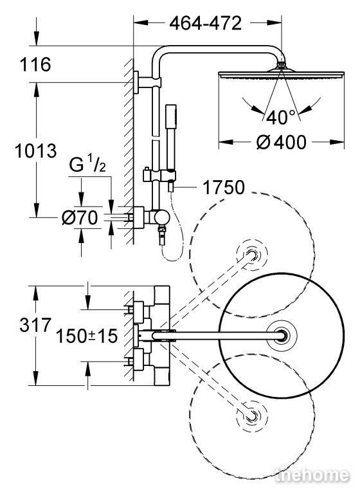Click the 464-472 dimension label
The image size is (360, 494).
tap(205, 23)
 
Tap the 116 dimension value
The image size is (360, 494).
tap(35, 64)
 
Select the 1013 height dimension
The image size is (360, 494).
tap(36, 151)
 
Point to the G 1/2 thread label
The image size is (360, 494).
tap(87, 165)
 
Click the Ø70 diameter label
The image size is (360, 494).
tap(80, 217)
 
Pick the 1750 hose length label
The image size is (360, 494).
tap(223, 187)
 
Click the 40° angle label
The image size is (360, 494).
tap(282, 117)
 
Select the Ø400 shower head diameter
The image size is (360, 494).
tap(281, 142)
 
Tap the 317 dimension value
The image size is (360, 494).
tap(35, 325)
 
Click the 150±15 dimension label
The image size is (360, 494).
tap(87, 336)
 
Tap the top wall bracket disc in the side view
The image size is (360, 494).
tap(136, 82)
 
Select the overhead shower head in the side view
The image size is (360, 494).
tap(282, 74)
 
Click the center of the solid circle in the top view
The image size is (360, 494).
tap(282, 336)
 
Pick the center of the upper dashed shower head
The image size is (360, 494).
tap(251, 255)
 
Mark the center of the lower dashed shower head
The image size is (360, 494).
tap(251, 417)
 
